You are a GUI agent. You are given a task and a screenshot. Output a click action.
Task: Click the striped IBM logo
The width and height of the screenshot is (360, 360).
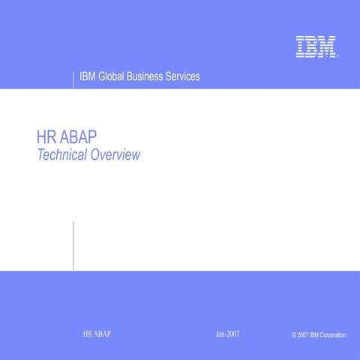coord(315,46)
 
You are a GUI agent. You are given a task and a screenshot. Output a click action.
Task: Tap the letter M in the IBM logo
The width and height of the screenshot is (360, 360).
coord(326,46)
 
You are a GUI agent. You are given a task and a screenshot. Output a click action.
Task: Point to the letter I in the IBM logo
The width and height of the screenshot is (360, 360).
coord(300,46)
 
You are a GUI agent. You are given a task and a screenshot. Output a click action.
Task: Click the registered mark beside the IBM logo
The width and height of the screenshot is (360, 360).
coord(339,56)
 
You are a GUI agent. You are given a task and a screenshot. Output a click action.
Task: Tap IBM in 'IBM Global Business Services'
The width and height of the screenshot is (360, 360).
coord(88,77)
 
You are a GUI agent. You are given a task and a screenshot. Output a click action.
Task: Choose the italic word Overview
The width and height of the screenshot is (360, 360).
coord(115,156)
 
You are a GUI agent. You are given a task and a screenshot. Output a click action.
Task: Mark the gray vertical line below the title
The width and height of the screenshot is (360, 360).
coord(73,245)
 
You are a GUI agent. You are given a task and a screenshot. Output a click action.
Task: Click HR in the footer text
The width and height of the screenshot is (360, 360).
coord(88,333)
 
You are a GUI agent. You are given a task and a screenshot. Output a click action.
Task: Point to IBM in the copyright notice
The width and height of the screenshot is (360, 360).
coord(313,334)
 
